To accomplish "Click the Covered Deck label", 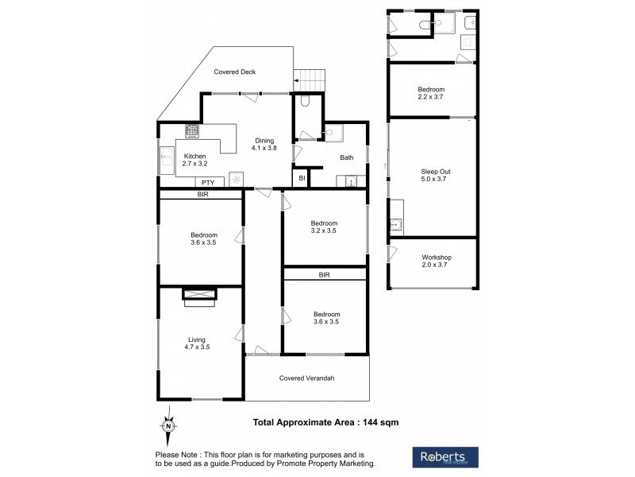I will tap(235, 72).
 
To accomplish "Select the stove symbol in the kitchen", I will tap(192, 131).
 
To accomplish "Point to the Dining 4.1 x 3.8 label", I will tap(264, 145).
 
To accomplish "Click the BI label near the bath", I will tap(302, 180).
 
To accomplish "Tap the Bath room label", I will tap(347, 157).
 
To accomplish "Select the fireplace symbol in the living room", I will tap(198, 296).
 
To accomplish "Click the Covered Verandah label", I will tap(306, 378).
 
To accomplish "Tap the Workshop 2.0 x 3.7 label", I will tap(436, 262).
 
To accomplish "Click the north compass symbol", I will tap(167, 427).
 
